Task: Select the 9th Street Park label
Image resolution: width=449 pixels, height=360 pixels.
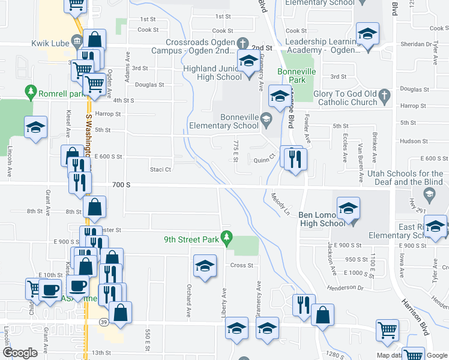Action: (191, 239)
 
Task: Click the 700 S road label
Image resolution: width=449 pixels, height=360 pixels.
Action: (120, 187)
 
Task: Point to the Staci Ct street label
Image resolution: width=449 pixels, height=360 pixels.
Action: (161, 170)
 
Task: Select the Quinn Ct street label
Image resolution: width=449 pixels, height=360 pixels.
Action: (264, 160)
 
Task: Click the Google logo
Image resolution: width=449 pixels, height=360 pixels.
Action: (20, 353)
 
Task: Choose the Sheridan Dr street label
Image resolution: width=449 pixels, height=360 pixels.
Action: (414, 44)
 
